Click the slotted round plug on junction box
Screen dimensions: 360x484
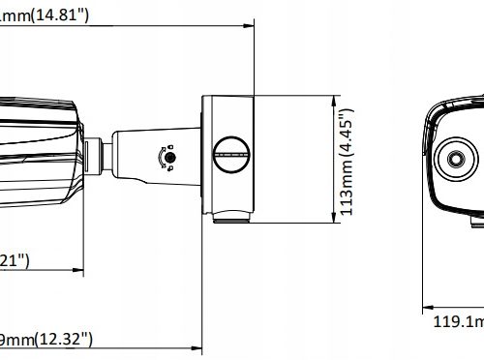coord(230,147)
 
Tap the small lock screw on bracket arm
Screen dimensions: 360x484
coord(168,157)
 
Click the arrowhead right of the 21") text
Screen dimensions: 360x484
coord(80,268)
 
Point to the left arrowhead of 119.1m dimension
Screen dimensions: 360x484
coord(427,310)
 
